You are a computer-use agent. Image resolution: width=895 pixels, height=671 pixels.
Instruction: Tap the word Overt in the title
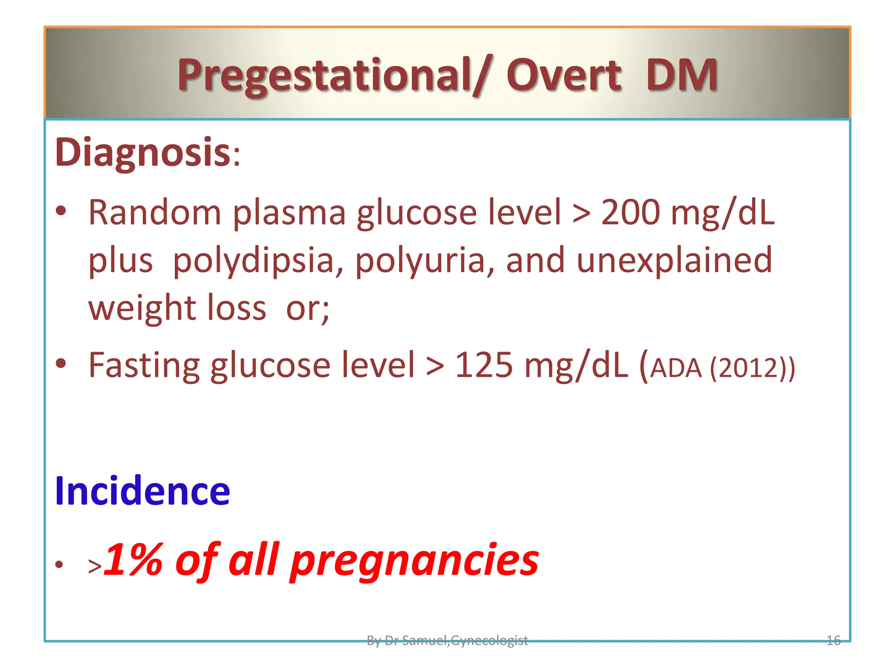pos(563,75)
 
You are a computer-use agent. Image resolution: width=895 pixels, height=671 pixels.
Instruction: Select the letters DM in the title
pos(681,75)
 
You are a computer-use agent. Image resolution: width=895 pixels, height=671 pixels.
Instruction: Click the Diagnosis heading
pos(142,152)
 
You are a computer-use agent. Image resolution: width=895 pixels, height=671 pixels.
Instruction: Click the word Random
pos(155,212)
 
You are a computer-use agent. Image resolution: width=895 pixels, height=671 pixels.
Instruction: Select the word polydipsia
pos(258,261)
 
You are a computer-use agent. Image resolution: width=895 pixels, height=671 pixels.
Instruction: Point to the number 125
pos(483,365)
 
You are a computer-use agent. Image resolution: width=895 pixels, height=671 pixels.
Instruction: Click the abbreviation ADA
pos(676,368)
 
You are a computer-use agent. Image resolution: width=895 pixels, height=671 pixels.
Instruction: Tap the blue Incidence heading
pos(142,491)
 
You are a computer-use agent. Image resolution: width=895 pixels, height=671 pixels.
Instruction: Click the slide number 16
pos(833,640)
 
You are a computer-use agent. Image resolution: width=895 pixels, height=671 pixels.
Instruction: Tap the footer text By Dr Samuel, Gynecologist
pos(447,640)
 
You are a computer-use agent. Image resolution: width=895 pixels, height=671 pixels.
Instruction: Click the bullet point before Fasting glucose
pos(61,363)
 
